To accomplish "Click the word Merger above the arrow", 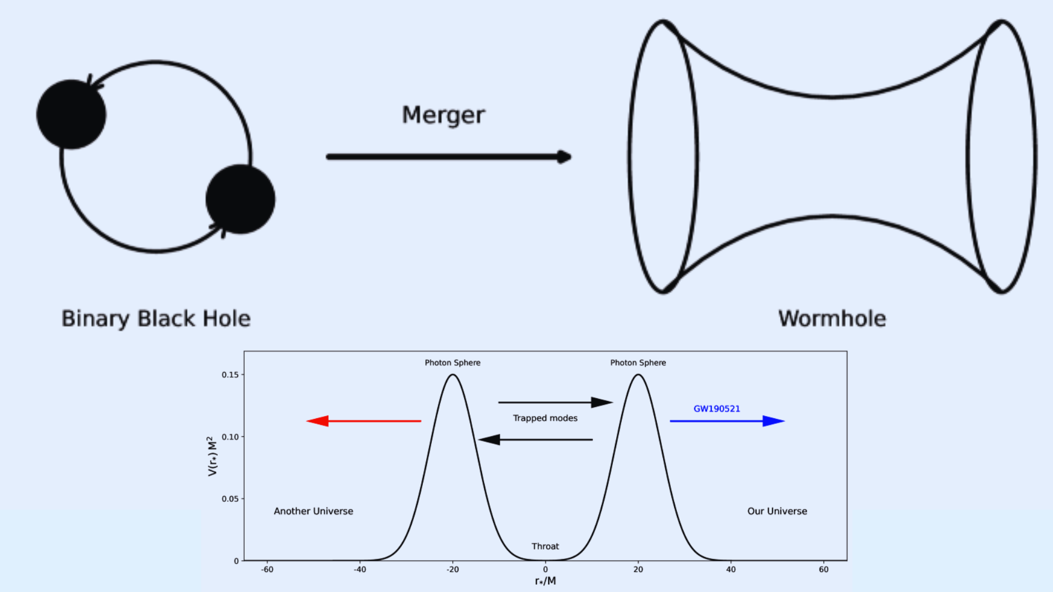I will coord(443,115).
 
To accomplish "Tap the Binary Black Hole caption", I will coord(156,319).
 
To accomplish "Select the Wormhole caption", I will coord(832,319).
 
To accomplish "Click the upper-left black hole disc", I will coord(71,114).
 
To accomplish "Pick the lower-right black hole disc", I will coord(240,199).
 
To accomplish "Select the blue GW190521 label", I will coord(716,409).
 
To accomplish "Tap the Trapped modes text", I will coord(545,418).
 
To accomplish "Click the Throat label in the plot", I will coord(545,546).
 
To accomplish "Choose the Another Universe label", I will coord(313,511).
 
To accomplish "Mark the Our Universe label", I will coord(777,511).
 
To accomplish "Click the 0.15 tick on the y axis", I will coord(230,375).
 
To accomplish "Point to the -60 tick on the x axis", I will coord(267,570).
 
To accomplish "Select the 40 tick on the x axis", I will coord(730,570).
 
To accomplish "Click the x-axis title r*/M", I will coord(545,581).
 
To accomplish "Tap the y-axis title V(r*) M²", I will coord(212,456).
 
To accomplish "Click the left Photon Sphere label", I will coord(452,363).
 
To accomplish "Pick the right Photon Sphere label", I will coord(638,363).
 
